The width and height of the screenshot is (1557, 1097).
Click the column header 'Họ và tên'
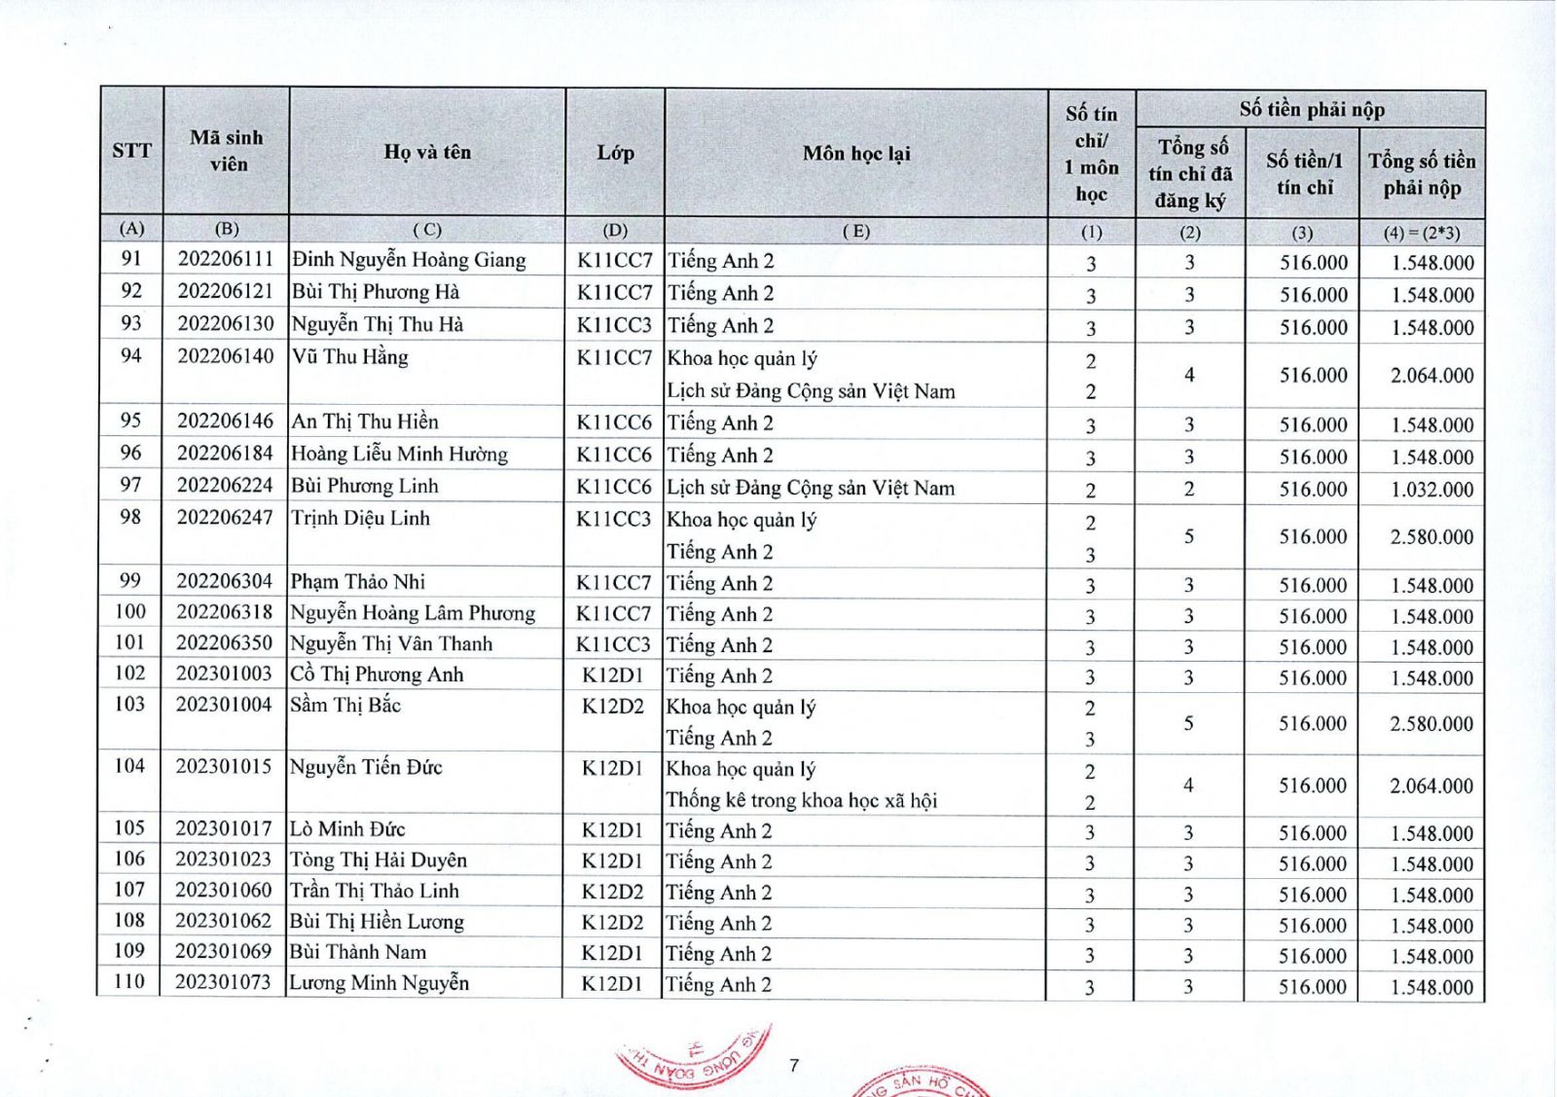tap(427, 152)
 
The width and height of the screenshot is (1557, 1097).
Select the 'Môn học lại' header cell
tap(856, 153)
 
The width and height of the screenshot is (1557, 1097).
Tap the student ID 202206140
tap(226, 356)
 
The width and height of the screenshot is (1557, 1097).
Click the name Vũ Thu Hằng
tap(350, 357)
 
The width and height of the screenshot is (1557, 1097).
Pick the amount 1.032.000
tap(1431, 490)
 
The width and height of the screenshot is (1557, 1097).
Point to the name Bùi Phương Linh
tap(365, 486)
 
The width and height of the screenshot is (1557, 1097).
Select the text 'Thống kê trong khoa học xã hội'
tap(801, 800)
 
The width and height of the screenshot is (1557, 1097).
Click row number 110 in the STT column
tap(129, 981)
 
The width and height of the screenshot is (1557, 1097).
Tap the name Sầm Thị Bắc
tap(345, 705)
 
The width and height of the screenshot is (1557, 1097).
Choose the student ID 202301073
tap(223, 982)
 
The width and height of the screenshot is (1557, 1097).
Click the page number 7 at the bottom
tap(794, 1065)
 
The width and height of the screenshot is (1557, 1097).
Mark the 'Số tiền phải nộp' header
tap(1311, 109)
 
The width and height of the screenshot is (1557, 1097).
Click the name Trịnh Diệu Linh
tap(360, 518)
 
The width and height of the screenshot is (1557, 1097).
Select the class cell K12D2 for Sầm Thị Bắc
tap(613, 706)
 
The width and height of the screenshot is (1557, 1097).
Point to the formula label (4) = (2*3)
tap(1422, 233)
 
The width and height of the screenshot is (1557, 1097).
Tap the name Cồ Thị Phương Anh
tap(377, 675)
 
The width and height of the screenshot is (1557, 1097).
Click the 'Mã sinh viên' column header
tap(227, 151)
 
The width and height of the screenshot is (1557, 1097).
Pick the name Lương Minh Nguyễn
tap(380, 983)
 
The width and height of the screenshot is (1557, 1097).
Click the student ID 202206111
tap(226, 260)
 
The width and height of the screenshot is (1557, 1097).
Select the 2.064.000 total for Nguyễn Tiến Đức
tap(1430, 786)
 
